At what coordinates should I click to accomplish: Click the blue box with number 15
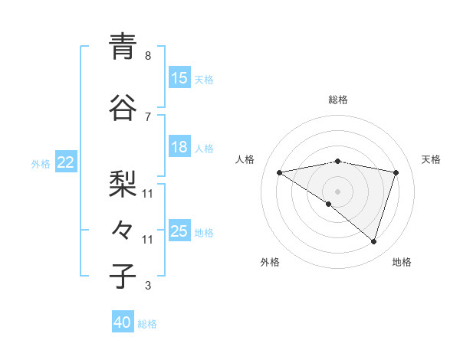click(179, 78)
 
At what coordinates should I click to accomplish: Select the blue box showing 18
click(179, 148)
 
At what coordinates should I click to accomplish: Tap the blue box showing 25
click(179, 231)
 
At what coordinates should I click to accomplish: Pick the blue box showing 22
click(66, 162)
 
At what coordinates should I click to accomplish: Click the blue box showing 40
click(123, 322)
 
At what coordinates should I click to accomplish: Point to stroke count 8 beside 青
click(148, 56)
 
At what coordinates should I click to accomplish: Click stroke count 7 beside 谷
click(148, 116)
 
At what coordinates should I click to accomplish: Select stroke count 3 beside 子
click(148, 286)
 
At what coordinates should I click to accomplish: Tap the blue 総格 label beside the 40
click(147, 324)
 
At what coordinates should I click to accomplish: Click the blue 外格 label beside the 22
click(41, 163)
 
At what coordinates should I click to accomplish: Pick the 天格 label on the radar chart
click(431, 159)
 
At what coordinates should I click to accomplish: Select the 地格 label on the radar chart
click(402, 262)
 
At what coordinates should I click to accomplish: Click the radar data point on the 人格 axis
click(279, 172)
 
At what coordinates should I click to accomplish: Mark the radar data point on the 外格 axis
click(329, 204)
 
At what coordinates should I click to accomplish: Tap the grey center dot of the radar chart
click(337, 191)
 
